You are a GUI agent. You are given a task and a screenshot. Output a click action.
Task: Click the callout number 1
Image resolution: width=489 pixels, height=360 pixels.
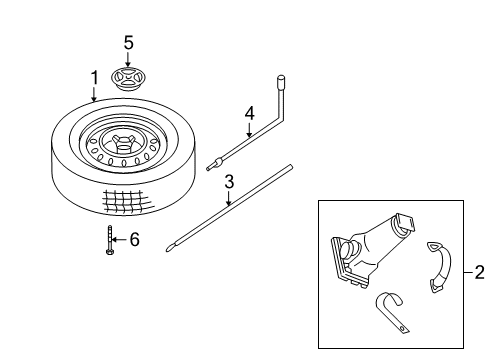94,77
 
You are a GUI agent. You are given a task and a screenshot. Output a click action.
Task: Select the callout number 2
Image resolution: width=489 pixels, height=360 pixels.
478,271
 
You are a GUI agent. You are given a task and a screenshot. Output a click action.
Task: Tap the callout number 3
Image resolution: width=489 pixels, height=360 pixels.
229,182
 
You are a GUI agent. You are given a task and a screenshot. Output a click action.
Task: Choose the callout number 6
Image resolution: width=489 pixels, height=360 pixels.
136,239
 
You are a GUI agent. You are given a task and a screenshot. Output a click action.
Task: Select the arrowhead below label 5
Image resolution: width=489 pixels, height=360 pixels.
128,62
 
